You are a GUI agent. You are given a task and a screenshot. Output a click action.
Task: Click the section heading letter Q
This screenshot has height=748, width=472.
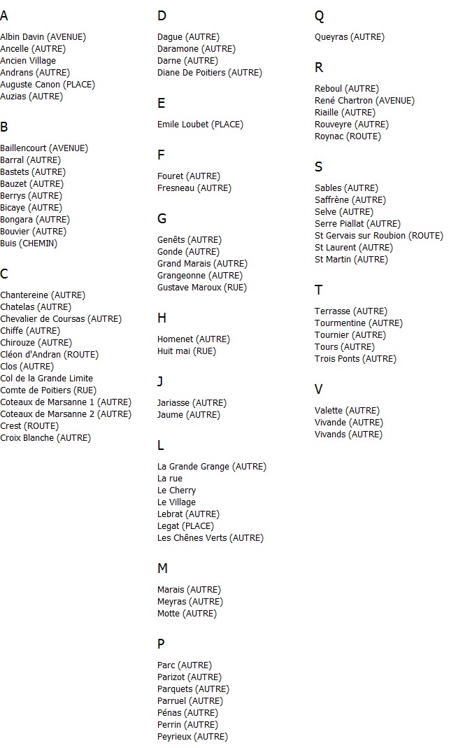320,16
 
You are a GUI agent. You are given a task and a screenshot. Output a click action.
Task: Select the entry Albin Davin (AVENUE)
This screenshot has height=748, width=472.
43,37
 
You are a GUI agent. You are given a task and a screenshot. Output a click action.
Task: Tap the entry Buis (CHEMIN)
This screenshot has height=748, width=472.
29,244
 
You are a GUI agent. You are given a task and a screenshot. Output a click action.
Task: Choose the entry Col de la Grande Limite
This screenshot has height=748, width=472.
46,379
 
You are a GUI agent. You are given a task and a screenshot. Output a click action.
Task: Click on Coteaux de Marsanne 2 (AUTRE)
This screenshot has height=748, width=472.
66,414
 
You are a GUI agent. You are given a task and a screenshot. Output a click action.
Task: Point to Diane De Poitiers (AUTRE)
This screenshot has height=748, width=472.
210,73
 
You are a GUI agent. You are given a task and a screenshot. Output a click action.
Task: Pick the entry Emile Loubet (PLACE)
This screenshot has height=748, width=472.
200,125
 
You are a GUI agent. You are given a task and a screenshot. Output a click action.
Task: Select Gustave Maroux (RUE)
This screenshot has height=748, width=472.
202,288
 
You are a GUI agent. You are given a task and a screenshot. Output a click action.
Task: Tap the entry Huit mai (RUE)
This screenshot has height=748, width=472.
187,351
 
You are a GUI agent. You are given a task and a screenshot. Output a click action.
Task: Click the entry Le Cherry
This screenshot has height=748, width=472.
176,491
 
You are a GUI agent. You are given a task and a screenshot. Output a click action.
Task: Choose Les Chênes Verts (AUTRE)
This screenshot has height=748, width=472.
210,538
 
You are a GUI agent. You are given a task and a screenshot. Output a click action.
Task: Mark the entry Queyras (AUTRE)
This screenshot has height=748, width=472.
350,37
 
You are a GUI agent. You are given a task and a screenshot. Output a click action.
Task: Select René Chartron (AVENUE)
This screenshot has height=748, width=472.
364,101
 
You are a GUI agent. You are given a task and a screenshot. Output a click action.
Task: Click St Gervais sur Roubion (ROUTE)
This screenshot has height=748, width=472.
379,236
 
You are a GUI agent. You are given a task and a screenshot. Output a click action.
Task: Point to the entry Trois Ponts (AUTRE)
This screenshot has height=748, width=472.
355,359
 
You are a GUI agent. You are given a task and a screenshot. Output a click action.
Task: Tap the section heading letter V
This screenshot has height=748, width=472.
319,390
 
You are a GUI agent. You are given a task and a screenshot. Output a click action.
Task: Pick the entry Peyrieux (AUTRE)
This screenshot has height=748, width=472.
192,737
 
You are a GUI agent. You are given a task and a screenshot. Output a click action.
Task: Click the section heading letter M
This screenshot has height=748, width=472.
162,569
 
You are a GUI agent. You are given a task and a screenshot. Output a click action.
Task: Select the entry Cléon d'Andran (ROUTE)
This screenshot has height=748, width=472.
49,355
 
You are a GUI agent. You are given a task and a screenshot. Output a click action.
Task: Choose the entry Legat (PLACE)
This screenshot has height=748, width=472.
185,526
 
